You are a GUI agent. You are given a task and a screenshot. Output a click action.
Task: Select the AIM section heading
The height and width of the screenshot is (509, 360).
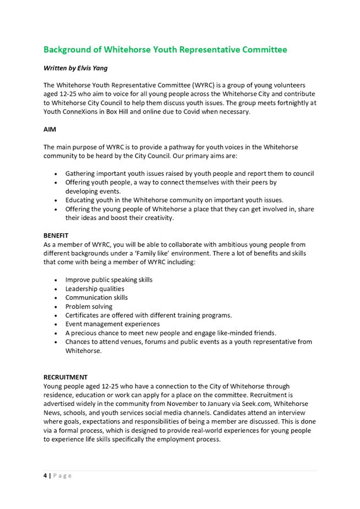click(x=50, y=130)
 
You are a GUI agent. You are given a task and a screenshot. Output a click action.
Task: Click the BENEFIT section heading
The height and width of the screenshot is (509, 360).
click(x=56, y=235)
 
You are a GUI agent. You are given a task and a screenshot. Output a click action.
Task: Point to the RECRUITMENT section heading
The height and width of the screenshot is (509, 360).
click(x=65, y=377)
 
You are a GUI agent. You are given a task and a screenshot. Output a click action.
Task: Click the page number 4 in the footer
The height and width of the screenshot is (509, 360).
click(x=45, y=475)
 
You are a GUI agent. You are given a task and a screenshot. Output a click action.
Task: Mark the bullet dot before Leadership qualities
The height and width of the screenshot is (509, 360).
click(x=57, y=289)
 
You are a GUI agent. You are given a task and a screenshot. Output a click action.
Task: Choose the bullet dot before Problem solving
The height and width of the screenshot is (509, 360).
click(x=57, y=307)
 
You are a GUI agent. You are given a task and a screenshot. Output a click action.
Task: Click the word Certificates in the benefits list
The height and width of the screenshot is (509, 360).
click(x=82, y=315)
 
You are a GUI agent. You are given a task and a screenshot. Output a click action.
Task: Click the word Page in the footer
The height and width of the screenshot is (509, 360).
click(x=62, y=475)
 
